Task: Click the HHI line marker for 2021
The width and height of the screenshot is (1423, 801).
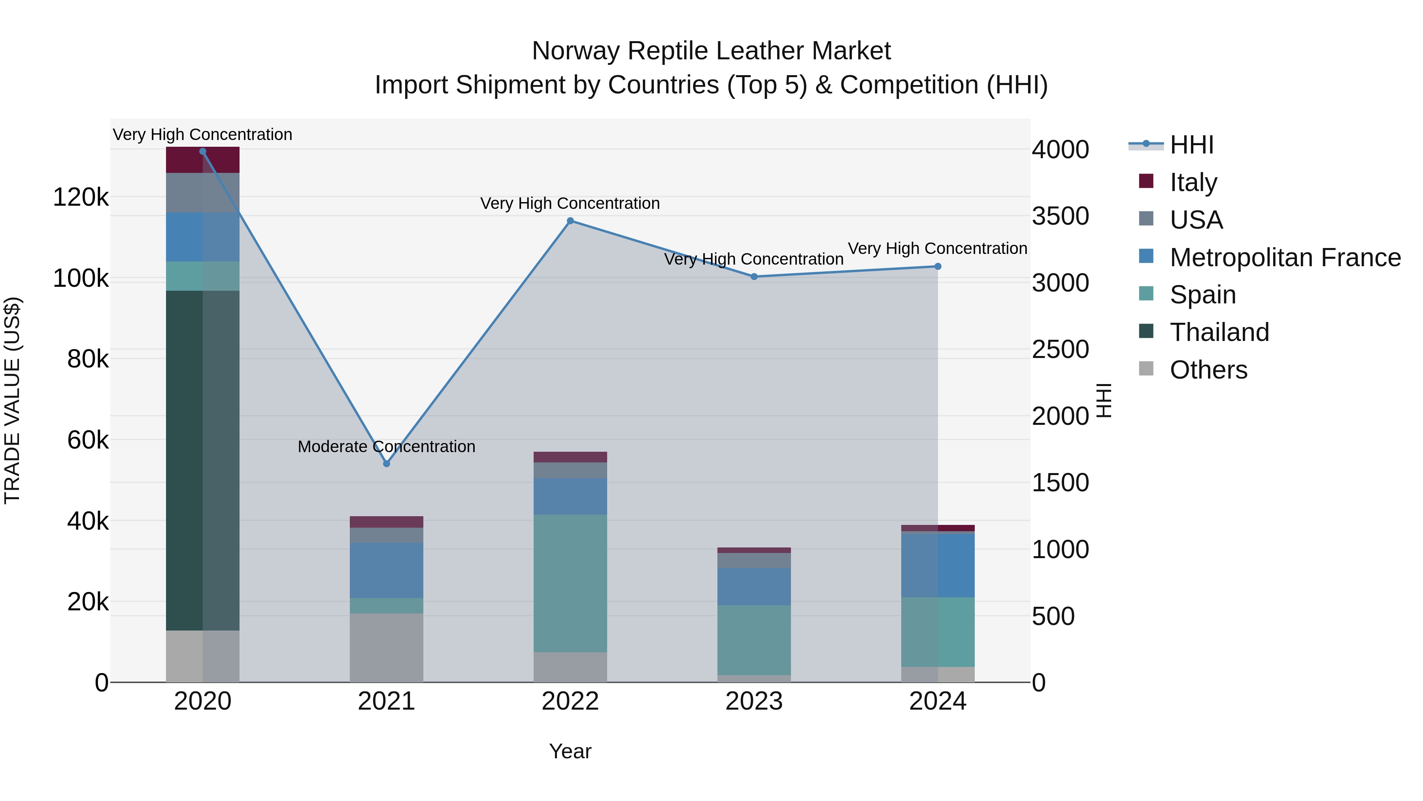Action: [387, 464]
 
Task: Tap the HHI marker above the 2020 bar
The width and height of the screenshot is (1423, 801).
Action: [203, 151]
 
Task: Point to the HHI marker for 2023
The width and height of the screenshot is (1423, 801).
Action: [754, 277]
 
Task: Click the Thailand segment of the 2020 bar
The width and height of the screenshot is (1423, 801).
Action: [203, 460]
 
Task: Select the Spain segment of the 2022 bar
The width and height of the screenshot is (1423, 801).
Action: [570, 583]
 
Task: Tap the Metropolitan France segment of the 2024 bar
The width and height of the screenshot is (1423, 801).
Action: [938, 565]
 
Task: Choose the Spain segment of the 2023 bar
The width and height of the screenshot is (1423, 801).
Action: [754, 640]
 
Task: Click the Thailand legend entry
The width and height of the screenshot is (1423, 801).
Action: [1219, 332]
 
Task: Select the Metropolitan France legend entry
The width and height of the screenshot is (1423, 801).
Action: [1285, 258]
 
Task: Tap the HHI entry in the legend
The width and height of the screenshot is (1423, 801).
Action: [1191, 145]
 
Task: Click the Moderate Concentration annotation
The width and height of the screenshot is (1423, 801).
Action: [386, 447]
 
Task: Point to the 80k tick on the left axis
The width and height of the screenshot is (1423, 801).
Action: [87, 359]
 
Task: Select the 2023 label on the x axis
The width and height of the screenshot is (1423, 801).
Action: [754, 701]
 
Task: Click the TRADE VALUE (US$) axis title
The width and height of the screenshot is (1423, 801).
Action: [12, 400]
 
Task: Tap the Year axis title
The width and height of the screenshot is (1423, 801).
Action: [570, 751]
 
